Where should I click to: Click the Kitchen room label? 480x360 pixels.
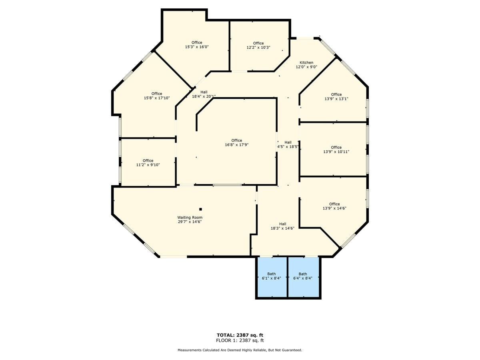(x=307, y=63)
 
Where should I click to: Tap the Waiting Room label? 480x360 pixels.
(x=189, y=217)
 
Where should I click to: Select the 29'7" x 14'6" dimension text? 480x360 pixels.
(x=189, y=222)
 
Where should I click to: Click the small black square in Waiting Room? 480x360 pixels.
(x=201, y=209)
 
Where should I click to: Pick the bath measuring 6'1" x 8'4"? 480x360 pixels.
(x=272, y=276)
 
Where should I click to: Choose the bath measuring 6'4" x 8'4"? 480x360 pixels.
(x=303, y=276)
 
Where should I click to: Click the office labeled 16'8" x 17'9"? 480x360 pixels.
(x=236, y=142)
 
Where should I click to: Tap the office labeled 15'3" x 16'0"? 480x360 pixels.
(x=197, y=44)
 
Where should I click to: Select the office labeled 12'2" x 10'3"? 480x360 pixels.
(x=258, y=45)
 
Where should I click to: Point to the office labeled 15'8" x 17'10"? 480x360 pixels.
(x=157, y=96)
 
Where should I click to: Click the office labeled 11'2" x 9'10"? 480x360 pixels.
(x=148, y=162)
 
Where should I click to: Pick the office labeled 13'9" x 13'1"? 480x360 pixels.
(x=336, y=96)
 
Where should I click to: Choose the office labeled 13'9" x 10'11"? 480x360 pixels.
(x=336, y=149)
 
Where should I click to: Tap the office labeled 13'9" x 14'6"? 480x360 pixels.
(x=334, y=206)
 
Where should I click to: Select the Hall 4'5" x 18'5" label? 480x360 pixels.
(x=288, y=144)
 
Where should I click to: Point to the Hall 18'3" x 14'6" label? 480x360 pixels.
(x=283, y=226)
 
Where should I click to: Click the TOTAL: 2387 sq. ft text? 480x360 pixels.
(x=240, y=335)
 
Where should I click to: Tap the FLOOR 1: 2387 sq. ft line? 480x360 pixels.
(x=240, y=340)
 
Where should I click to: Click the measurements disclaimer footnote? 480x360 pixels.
(x=240, y=350)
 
